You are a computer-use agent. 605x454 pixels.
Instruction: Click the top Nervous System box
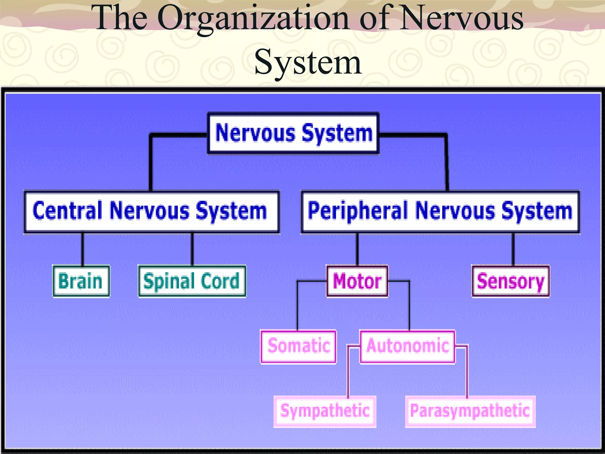(x=293, y=133)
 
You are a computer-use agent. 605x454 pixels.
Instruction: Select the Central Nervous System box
(x=152, y=212)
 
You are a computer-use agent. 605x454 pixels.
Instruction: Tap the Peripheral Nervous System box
(x=440, y=212)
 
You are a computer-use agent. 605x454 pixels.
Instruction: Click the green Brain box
(x=81, y=281)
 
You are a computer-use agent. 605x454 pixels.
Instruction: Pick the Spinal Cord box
(x=192, y=281)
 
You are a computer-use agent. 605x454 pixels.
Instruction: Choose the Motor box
(x=357, y=281)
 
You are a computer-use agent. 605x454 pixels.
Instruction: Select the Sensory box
(x=510, y=281)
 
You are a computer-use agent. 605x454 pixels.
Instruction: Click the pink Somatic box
(x=298, y=346)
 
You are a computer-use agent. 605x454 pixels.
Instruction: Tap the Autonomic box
(x=407, y=346)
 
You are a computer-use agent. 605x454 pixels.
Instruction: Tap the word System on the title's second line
(x=308, y=63)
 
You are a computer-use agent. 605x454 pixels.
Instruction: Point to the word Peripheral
(x=358, y=211)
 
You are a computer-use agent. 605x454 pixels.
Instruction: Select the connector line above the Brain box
(x=82, y=249)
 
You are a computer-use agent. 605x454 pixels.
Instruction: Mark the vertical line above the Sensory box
(x=513, y=249)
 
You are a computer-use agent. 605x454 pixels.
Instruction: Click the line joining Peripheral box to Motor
(x=357, y=249)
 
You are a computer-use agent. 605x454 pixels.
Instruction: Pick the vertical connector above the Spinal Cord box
(x=192, y=249)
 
